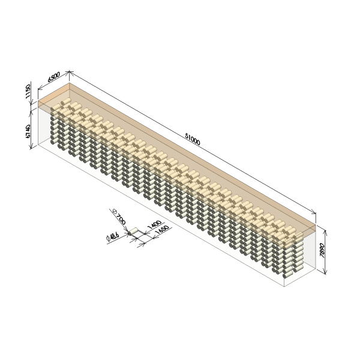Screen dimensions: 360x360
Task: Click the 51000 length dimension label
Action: (x=193, y=139)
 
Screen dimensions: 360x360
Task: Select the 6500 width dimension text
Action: (x=54, y=77)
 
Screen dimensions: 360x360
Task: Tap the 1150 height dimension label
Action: (x=28, y=91)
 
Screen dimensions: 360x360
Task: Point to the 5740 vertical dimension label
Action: (x=28, y=131)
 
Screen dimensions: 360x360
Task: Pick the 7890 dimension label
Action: (x=322, y=250)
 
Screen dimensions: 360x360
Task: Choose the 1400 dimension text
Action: (x=154, y=224)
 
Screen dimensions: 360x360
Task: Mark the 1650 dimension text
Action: (x=163, y=230)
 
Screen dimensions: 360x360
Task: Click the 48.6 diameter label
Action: (x=113, y=236)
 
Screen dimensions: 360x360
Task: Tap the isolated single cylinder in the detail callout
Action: (x=133, y=231)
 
